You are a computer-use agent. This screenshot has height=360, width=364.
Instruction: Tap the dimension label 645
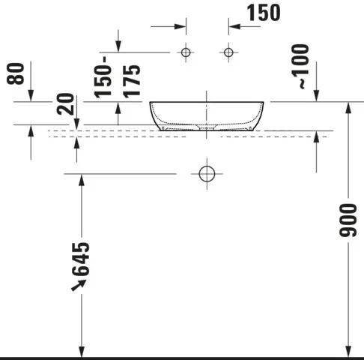pos(81,258)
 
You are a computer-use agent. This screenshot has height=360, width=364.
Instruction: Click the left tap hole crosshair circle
pos(186,52)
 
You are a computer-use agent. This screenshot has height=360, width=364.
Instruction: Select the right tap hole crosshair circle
pos(229,52)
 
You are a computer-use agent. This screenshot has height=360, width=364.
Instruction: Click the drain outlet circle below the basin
pos(207,173)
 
